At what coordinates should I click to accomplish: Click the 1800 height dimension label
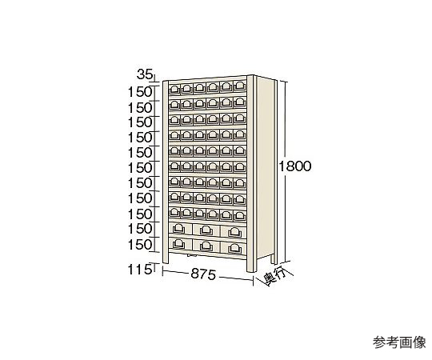point(294,166)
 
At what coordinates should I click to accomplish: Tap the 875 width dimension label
point(203,274)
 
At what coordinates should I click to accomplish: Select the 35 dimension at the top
point(144,74)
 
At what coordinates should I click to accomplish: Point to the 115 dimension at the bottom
point(140,270)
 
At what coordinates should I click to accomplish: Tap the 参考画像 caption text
point(399,342)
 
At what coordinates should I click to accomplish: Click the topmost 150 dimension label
point(140,92)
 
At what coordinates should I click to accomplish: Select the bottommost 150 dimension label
point(140,245)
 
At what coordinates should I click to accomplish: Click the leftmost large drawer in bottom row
point(180,243)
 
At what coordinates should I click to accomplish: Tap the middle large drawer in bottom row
point(206,246)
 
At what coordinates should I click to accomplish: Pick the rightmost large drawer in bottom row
point(234,248)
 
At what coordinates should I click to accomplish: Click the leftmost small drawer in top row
point(174,89)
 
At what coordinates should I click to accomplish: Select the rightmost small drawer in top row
point(240,86)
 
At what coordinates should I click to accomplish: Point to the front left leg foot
point(166,259)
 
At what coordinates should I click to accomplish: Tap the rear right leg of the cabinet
point(273,258)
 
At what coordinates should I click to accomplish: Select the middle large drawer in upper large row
point(206,230)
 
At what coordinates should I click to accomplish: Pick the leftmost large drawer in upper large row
point(180,228)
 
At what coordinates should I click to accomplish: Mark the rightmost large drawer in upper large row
point(234,232)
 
